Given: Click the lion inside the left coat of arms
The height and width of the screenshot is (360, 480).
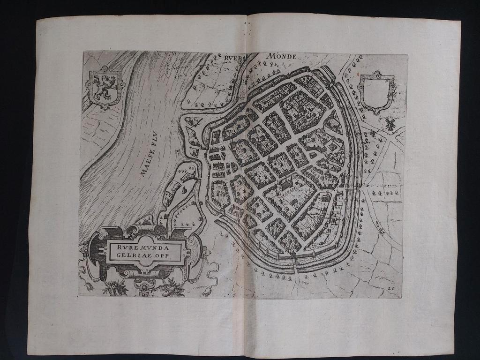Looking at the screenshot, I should [x=104, y=87].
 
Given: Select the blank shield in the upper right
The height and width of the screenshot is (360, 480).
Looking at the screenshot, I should [x=375, y=91].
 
